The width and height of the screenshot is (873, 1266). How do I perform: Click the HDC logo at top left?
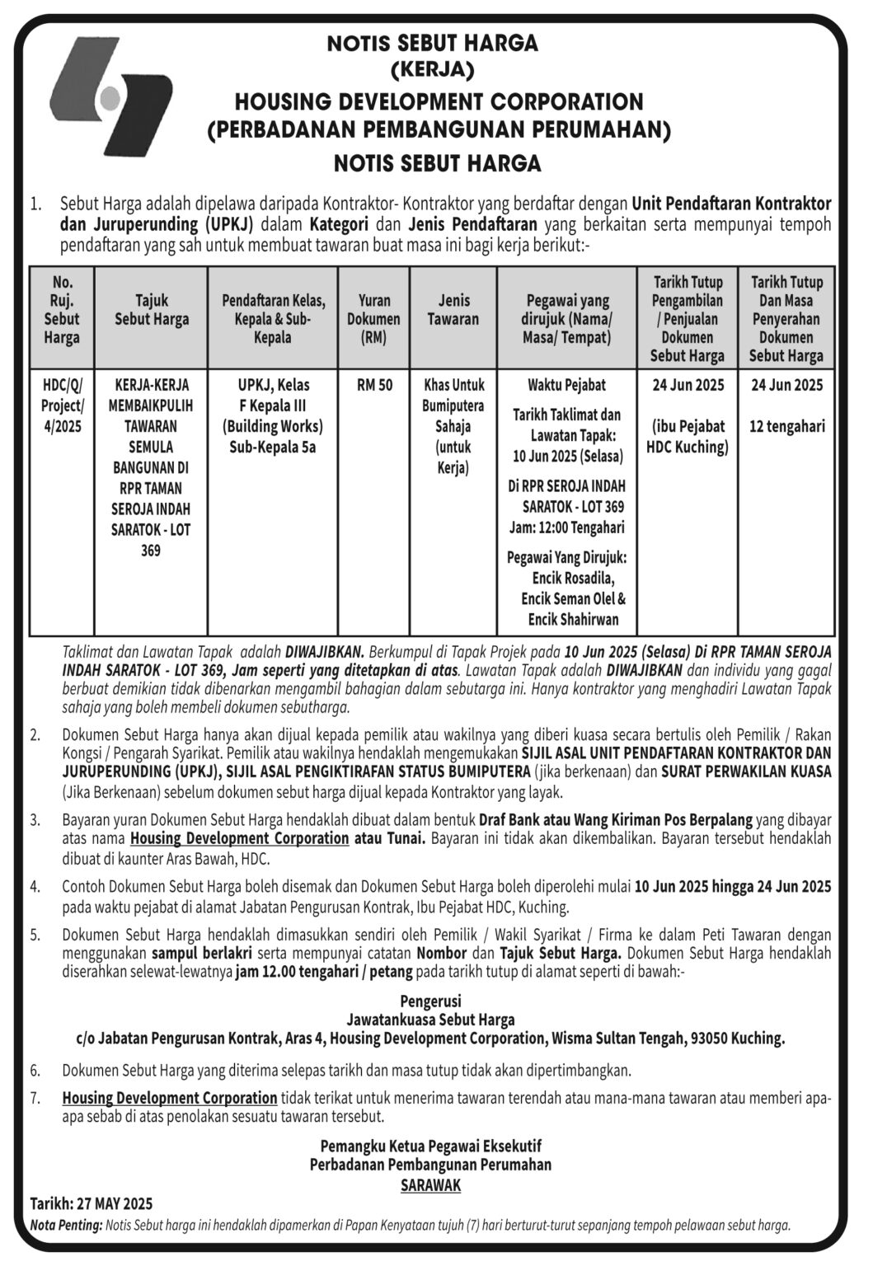pos(110,96)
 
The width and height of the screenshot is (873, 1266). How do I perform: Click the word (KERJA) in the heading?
pos(432,70)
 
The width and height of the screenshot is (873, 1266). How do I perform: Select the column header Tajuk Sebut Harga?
pos(151,310)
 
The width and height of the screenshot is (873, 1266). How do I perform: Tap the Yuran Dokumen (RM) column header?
pos(373,319)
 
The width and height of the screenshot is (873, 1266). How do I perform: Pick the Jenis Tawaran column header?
pos(453,310)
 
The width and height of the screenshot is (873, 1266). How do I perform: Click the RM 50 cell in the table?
pos(374,385)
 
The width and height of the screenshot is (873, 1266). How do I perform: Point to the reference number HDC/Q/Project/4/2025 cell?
pos(62,406)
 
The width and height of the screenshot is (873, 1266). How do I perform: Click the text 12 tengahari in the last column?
pos(786,427)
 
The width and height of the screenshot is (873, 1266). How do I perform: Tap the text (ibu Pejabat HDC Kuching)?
pos(688,437)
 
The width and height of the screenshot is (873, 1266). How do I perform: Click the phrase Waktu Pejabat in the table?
pos(566,385)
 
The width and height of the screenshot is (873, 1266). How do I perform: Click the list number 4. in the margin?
pos(35,887)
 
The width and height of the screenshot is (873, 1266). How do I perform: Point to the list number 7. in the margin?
pos(35,1098)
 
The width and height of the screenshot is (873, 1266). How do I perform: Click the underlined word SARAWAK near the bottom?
pos(430,1185)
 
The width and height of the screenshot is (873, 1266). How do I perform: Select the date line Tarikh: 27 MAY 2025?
pos(92,1203)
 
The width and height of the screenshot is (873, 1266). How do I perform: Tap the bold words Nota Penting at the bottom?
pos(66,1225)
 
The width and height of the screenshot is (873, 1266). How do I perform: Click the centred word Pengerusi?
pos(430,1001)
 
